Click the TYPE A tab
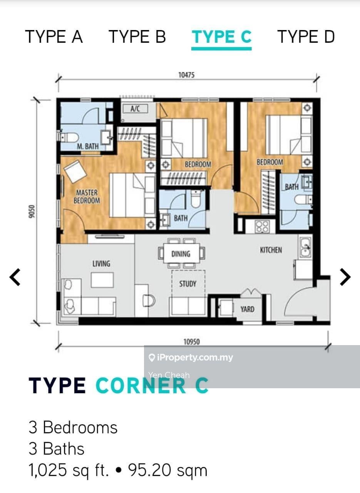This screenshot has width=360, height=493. tap(54, 37)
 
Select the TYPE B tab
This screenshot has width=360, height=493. tap(137, 37)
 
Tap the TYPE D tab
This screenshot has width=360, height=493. tap(306, 37)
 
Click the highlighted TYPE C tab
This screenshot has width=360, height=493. tap(222, 37)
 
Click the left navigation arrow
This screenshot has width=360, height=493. tap(15, 277)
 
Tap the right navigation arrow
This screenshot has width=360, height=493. tap(345, 277)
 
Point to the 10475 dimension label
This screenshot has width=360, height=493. tap(186, 75)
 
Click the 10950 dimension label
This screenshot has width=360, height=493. tap(192, 342)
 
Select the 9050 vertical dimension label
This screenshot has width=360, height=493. tap(32, 211)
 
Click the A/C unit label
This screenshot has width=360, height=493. tap(135, 109)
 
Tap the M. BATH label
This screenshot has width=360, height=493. tap(87, 146)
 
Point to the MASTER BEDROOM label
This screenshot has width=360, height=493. tap(87, 196)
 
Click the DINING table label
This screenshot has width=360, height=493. tap(181, 254)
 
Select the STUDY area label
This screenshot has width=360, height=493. tap(188, 284)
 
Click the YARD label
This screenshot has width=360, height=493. tap(247, 309)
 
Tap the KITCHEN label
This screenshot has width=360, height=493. tap(271, 250)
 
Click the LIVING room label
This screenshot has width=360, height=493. tap(101, 263)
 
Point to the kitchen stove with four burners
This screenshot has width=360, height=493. tap(262, 226)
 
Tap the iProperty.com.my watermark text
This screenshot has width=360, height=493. tap(191, 358)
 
